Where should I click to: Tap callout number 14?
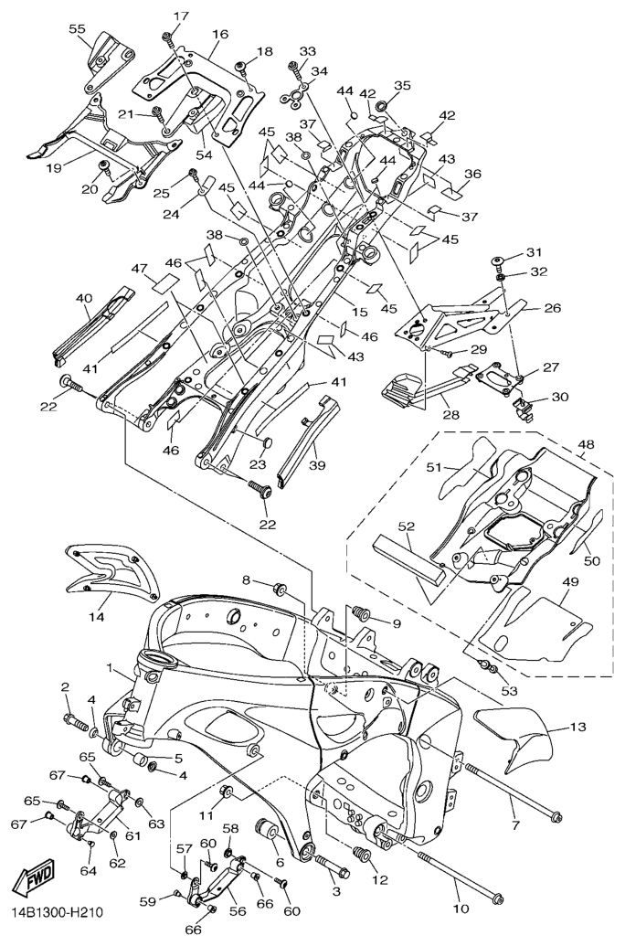pos(97,618)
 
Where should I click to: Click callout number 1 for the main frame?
pos(109,669)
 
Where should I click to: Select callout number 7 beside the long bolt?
pos(514,826)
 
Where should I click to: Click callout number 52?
pos(404,526)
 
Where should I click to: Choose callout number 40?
pos(84,299)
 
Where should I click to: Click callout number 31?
pos(534,252)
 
